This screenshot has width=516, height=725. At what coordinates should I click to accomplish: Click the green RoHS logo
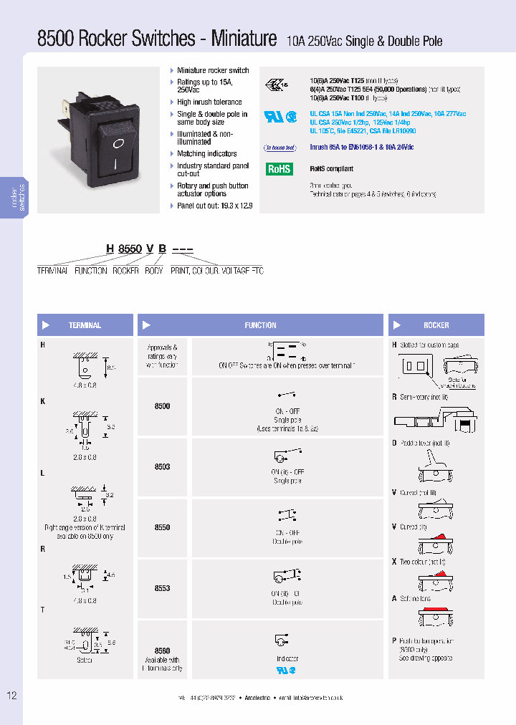click(x=279, y=169)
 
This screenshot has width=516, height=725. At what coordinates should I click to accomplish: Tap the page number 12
click(x=11, y=696)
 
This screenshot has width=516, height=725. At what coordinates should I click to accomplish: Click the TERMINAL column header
click(x=85, y=325)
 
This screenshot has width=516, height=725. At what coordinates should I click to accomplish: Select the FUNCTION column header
click(x=260, y=325)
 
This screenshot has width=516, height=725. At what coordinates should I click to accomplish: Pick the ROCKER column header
click(x=436, y=325)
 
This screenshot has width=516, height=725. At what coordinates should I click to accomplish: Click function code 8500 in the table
click(x=163, y=406)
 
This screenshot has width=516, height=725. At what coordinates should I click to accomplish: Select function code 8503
click(x=163, y=467)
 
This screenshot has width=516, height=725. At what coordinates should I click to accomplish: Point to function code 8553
click(x=163, y=588)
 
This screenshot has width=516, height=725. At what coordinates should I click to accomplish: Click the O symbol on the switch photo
click(x=119, y=143)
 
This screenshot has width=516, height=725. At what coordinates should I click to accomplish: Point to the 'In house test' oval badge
click(x=279, y=148)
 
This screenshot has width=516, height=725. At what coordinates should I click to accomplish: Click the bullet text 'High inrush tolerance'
click(x=209, y=102)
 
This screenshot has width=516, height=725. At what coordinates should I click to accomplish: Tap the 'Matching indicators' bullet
click(x=207, y=154)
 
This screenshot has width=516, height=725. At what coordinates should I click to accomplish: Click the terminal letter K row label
click(x=43, y=401)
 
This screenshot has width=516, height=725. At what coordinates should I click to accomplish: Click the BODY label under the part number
click(x=153, y=271)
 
